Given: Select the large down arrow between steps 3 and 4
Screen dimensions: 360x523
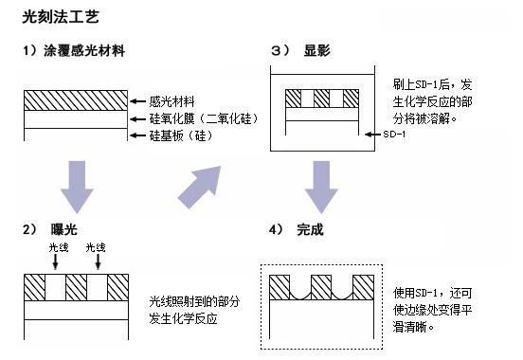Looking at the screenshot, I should pos(320,185).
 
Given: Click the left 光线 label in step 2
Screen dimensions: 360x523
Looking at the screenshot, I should pos(58,248).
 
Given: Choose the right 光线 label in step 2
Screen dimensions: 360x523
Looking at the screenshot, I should pos(96,248).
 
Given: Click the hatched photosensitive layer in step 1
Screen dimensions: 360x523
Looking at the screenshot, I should pos(75,99).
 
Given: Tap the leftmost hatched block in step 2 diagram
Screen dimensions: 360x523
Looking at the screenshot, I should pos(38,285).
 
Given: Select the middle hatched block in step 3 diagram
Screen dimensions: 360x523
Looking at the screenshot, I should pos(321,98).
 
